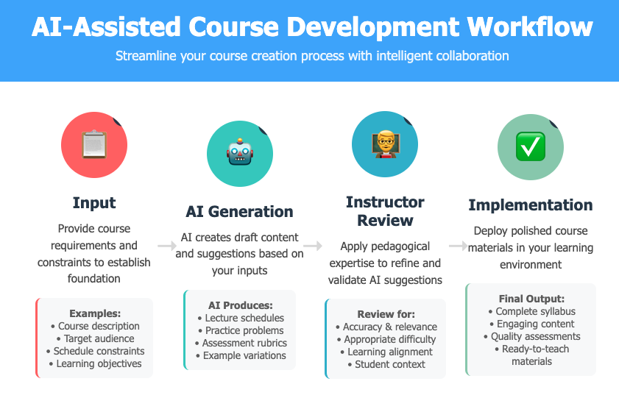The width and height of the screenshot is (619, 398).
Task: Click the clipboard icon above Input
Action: (94, 144)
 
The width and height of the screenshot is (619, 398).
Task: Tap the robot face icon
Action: (240, 152)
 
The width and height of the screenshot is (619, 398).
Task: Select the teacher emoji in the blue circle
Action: (385, 144)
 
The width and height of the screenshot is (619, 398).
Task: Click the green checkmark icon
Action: (531, 146)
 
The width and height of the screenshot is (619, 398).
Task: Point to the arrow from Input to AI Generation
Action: (167, 246)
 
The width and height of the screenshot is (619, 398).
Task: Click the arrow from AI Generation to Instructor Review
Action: (313, 246)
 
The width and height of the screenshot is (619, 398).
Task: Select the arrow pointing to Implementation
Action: (459, 246)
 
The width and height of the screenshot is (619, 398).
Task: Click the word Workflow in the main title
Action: (530, 26)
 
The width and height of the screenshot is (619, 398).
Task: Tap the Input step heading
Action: (94, 203)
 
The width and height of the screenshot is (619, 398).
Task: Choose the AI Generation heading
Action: (240, 211)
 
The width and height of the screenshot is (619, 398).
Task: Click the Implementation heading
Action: (531, 205)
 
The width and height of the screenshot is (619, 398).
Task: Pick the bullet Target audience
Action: (95, 338)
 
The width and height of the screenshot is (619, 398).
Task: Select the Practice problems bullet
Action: (241, 330)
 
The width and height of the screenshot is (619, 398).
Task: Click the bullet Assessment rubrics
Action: (241, 343)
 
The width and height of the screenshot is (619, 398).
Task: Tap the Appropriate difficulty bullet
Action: (386, 339)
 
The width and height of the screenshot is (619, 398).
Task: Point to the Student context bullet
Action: (386, 364)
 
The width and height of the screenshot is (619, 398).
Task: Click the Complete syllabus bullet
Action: (531, 311)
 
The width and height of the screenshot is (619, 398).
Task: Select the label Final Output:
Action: (531, 299)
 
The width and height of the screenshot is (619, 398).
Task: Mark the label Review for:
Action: (386, 314)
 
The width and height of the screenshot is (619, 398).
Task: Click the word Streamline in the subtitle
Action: (146, 56)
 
